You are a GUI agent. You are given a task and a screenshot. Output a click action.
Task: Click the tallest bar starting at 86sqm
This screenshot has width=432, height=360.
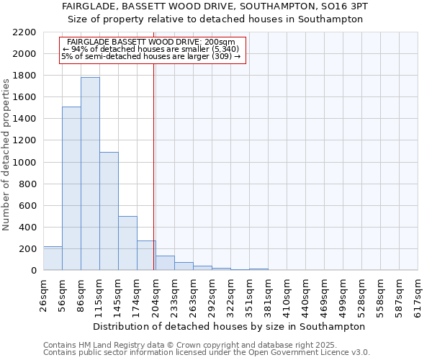[90, 174]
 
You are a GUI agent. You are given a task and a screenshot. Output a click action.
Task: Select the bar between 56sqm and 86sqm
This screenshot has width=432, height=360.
[71, 189]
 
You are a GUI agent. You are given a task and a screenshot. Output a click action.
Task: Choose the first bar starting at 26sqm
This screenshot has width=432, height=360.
[53, 258]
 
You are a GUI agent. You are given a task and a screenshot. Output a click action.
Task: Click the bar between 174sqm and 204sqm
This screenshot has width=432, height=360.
[146, 256]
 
